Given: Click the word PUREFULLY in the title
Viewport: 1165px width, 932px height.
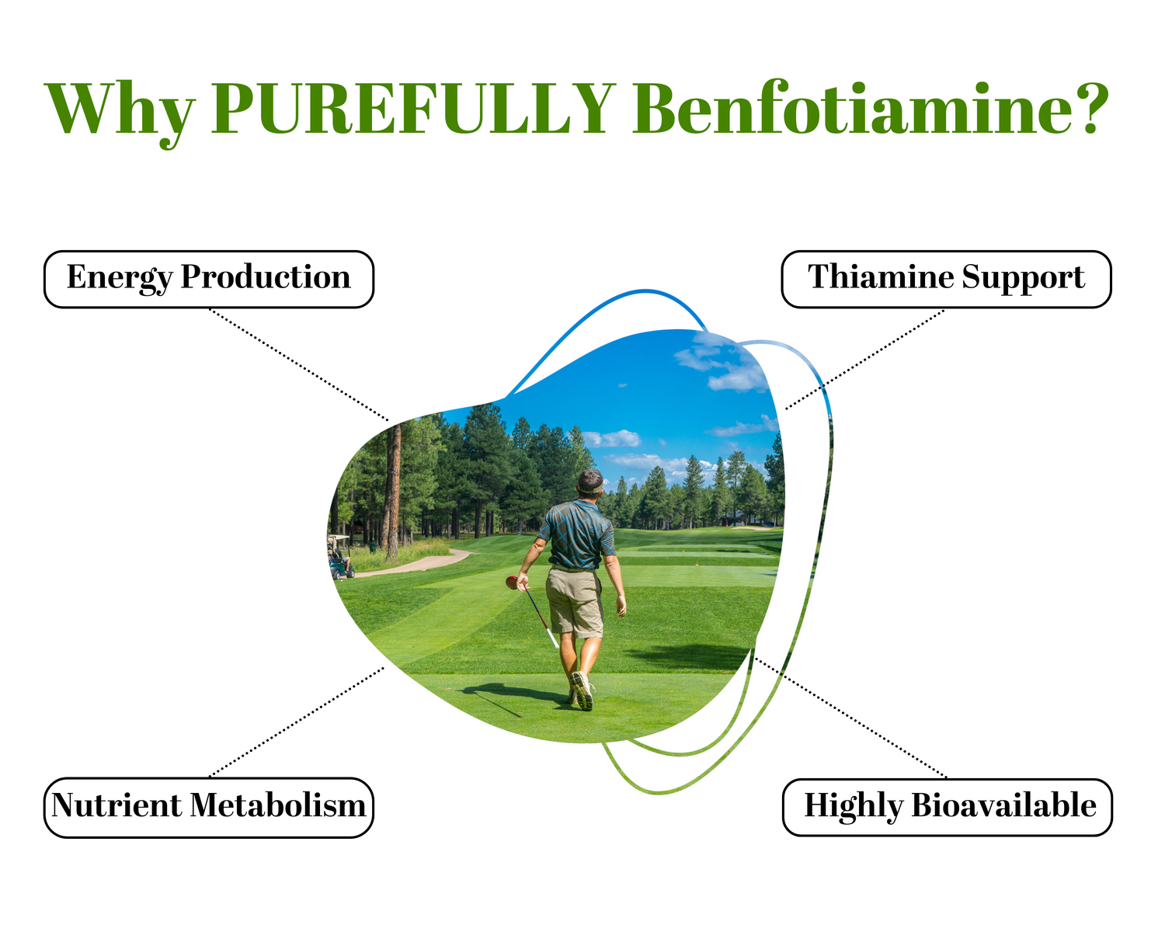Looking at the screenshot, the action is (414, 108).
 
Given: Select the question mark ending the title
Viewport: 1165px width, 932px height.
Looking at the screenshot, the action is (1092, 108).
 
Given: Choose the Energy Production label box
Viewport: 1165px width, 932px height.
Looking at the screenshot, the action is (209, 280).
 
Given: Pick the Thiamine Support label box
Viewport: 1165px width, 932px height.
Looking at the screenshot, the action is (946, 280).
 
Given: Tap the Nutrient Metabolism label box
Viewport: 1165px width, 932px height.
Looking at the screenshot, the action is (209, 808).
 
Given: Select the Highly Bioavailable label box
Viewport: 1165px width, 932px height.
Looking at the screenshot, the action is (948, 807).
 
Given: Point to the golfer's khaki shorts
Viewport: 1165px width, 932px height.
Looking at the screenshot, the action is (575, 602).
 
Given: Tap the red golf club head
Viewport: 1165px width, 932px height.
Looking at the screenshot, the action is (512, 582).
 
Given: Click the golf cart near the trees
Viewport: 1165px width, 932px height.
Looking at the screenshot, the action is (340, 557).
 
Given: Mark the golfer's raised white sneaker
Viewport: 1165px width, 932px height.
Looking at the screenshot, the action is (582, 691).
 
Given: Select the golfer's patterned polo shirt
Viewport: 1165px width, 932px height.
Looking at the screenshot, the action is (577, 534).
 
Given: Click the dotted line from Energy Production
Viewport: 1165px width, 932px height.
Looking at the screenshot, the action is (299, 365).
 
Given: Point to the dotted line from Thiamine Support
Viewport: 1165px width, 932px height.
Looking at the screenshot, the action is (864, 360).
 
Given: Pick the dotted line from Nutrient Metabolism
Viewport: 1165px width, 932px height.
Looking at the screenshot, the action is (297, 722).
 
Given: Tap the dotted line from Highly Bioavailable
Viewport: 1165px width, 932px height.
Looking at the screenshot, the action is (851, 718).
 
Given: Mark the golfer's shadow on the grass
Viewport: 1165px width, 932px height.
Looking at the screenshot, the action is (514, 697).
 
